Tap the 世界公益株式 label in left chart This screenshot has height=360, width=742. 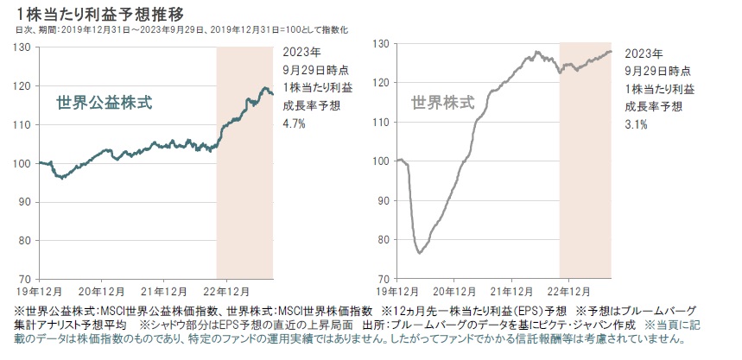click(105, 103)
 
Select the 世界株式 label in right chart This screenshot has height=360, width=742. click(442, 102)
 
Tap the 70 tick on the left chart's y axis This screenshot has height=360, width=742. click(25, 279)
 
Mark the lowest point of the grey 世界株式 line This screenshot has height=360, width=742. click(419, 253)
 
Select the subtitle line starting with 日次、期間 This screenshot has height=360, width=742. click(181, 29)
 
